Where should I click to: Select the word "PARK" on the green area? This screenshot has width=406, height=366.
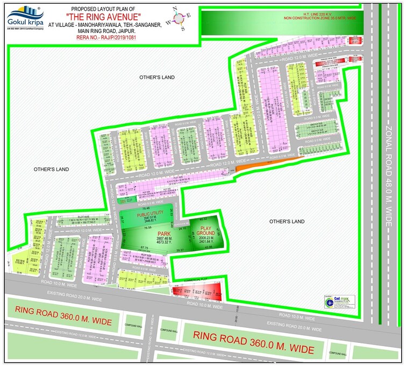(163, 234)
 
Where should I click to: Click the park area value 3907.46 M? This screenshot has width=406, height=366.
(163, 238)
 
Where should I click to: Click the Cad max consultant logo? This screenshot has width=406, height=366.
(340, 302)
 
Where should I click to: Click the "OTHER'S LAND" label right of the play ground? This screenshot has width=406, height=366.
(287, 221)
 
